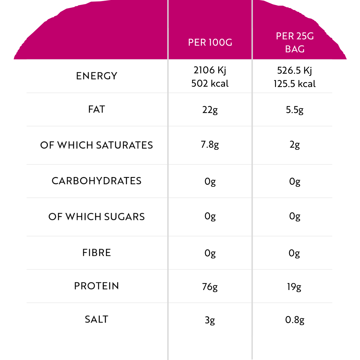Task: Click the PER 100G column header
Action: coord(210,42)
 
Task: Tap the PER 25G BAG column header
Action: coord(295,42)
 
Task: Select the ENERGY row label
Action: coord(97,76)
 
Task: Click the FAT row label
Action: coord(97,109)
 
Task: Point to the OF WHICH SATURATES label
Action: coord(97,145)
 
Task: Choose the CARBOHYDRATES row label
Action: coord(97,181)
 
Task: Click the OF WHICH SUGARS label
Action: coord(97,217)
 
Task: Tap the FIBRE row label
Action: coord(97,253)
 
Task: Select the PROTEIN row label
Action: coord(97,286)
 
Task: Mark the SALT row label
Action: coord(97,319)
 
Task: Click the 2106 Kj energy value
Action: coord(210,70)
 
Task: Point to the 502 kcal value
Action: coord(210,83)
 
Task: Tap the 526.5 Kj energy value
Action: coord(295,70)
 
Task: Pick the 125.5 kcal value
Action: coord(295,84)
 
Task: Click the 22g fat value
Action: coord(210,110)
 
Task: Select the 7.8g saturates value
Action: coord(210,145)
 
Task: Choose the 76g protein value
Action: coord(210,287)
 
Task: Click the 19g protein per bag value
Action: coord(294,287)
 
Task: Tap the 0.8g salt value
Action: coord(295,320)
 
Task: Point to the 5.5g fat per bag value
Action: coord(295,110)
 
